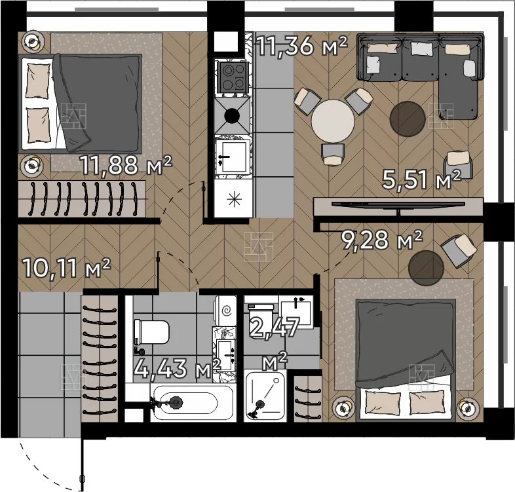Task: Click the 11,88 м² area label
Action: [126, 165]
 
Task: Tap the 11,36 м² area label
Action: [301, 46]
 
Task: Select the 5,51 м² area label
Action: [422, 180]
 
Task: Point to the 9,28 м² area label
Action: [381, 240]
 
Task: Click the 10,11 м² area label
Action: [67, 268]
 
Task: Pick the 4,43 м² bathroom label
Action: [178, 368]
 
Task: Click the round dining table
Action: [333, 121]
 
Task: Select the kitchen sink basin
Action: [233, 157]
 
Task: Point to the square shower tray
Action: [265, 395]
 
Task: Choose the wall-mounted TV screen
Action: [398, 204]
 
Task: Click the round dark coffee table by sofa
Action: [408, 118]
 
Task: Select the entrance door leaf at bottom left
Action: [81, 463]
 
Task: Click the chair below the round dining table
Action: [333, 154]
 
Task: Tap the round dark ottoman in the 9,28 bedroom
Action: [427, 268]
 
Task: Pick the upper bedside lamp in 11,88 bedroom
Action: [33, 41]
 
